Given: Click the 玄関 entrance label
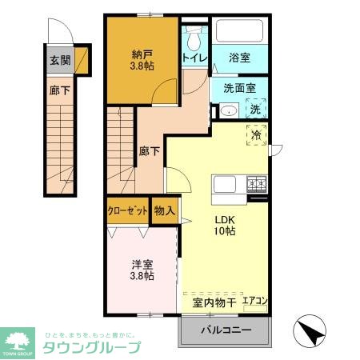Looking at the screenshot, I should point(59,60).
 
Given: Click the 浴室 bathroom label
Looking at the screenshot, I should point(239,58).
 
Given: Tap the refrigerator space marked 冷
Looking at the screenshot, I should point(257,136).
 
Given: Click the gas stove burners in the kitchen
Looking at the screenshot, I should point(256,184).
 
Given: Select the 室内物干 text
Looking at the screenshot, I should point(214,302).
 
